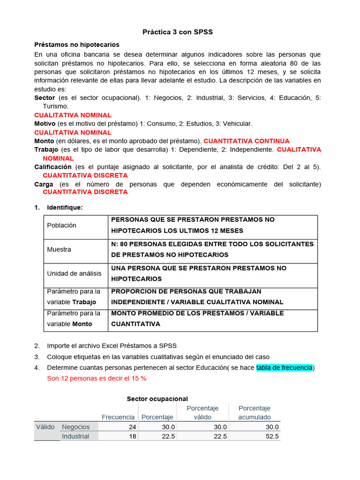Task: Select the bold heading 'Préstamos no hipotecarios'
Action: pyautogui.click(x=77, y=45)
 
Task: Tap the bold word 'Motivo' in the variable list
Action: pyautogui.click(x=45, y=124)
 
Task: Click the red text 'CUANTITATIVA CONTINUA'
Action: pyautogui.click(x=247, y=141)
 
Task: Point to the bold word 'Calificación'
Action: pyautogui.click(x=53, y=167)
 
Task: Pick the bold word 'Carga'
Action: pyautogui.click(x=44, y=184)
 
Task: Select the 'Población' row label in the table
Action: pyautogui.click(x=61, y=225)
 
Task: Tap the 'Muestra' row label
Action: pyautogui.click(x=59, y=249)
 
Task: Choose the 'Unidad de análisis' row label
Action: pyautogui.click(x=74, y=273)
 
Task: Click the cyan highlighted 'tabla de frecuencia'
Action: pyautogui.click(x=284, y=368)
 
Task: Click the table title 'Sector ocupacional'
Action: pyautogui.click(x=157, y=399)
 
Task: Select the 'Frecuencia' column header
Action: pyautogui.click(x=118, y=417)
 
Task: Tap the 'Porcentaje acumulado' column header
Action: pyautogui.click(x=255, y=412)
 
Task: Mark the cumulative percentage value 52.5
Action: pyautogui.click(x=271, y=436)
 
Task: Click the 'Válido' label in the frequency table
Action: pyautogui.click(x=45, y=427)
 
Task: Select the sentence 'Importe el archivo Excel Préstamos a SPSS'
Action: pyautogui.click(x=112, y=346)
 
